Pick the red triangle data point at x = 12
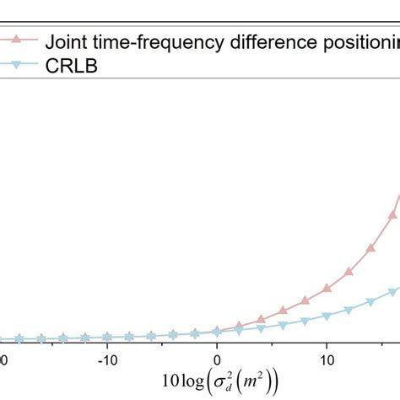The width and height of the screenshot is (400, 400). coord(349,272)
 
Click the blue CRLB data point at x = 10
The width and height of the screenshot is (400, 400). coord(327,316)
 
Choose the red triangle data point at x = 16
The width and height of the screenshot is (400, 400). coord(392,214)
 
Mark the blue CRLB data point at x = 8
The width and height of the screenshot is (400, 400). coord(305,321)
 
